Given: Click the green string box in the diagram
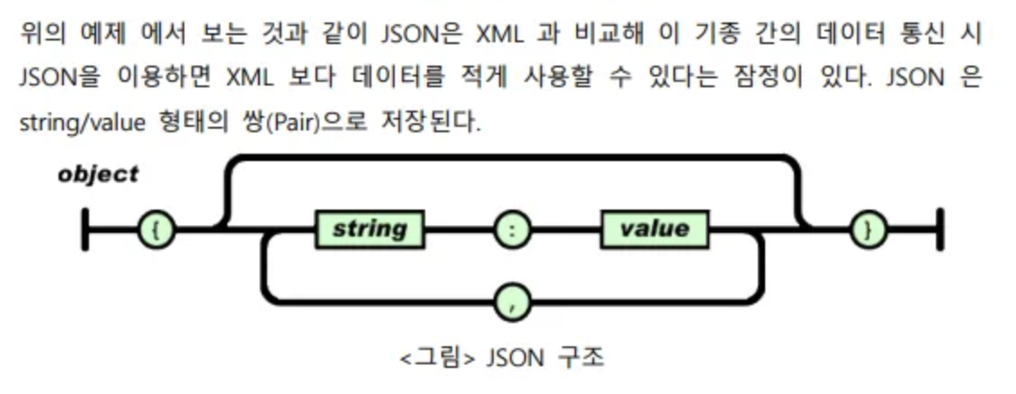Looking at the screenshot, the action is (x=370, y=230).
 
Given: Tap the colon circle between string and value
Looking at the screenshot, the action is (x=512, y=230).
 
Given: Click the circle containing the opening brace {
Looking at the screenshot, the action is (x=156, y=230).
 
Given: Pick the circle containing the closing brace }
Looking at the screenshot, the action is (x=868, y=230).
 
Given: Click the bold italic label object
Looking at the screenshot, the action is (x=98, y=174).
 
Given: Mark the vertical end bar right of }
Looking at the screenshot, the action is (x=940, y=230).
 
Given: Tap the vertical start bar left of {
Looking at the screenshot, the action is (x=85, y=230).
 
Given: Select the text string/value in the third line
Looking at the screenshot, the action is (x=81, y=120).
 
